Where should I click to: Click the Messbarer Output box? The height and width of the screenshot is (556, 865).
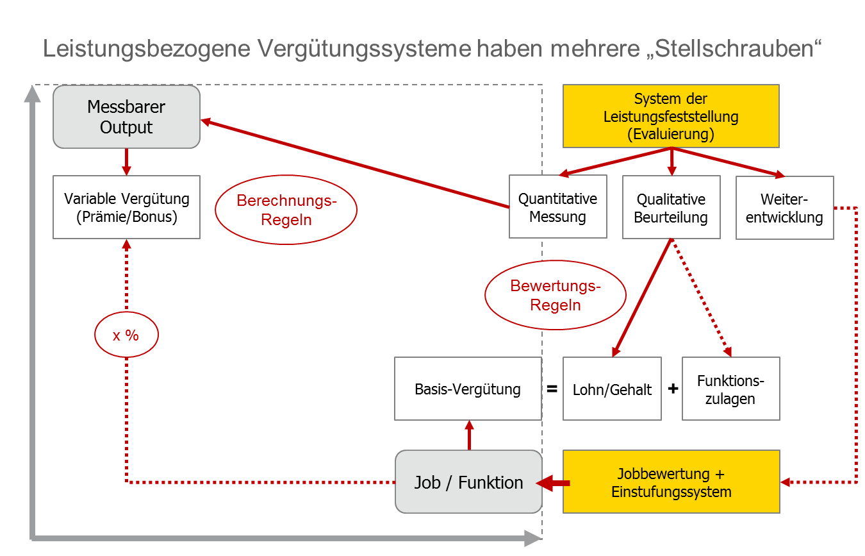point(126,117)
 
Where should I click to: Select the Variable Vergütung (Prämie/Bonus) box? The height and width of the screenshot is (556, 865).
point(126,207)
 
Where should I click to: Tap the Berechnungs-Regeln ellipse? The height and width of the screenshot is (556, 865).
point(286,210)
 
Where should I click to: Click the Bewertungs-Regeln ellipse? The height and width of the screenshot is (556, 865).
point(556,295)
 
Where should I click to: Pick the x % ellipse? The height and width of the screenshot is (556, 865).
point(126,335)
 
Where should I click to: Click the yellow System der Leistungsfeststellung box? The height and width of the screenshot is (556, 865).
point(671,116)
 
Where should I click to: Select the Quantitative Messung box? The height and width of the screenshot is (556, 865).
point(557,206)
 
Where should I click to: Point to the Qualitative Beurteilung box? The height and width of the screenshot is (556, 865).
point(671,207)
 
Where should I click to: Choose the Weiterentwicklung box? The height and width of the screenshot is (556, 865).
point(784,208)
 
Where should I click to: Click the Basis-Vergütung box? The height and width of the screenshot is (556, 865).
point(468,389)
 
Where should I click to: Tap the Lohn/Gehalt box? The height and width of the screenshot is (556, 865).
point(612,389)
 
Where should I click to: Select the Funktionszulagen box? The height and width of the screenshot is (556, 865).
point(730,389)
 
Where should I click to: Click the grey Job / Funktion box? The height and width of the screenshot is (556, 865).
point(468,482)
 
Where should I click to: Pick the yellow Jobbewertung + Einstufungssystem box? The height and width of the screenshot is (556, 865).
point(671,482)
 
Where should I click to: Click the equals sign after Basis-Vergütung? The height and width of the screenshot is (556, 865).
point(552,389)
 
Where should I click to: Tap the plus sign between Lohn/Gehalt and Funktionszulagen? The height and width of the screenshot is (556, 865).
point(673,389)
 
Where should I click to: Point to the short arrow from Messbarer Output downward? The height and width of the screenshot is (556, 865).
point(126,162)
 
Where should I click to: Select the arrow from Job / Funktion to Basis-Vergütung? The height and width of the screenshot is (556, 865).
point(469,435)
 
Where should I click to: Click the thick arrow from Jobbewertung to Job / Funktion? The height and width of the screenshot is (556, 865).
point(553,483)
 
